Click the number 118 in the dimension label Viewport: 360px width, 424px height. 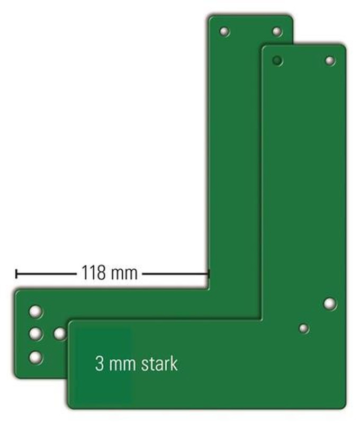[93, 272]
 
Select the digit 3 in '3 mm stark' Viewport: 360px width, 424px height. [100, 364]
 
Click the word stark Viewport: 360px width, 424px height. [159, 364]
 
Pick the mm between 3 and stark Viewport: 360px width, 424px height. [122, 365]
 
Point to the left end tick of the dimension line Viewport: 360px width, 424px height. [16, 273]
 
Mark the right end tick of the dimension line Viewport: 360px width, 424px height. [209, 273]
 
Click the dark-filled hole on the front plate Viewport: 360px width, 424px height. [277, 60]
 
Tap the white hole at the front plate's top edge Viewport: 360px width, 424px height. [330, 60]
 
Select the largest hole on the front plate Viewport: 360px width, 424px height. [330, 304]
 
